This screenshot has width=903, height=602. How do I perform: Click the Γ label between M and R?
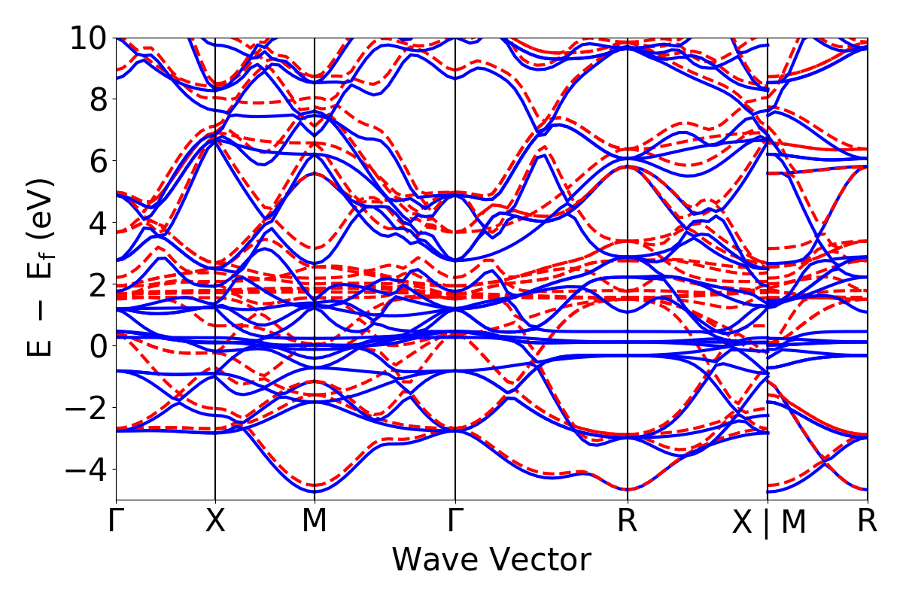455,521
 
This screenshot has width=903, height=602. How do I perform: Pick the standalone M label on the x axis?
315,521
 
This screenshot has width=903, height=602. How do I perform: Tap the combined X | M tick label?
768,522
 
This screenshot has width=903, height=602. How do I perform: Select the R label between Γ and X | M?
628,521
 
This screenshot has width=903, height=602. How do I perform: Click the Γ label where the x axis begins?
116,521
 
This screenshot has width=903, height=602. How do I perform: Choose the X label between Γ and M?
216,521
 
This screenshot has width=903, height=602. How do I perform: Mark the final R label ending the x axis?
868,521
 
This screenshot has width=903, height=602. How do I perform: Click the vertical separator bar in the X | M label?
767,524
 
